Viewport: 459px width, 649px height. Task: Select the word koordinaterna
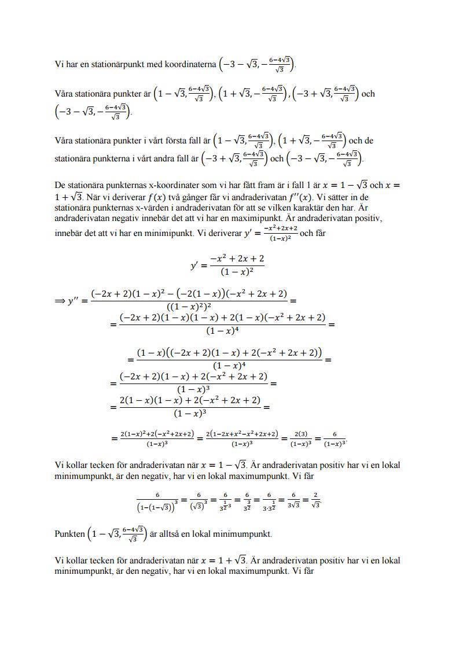click(x=189, y=64)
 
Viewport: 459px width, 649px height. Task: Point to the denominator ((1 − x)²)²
click(x=189, y=307)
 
